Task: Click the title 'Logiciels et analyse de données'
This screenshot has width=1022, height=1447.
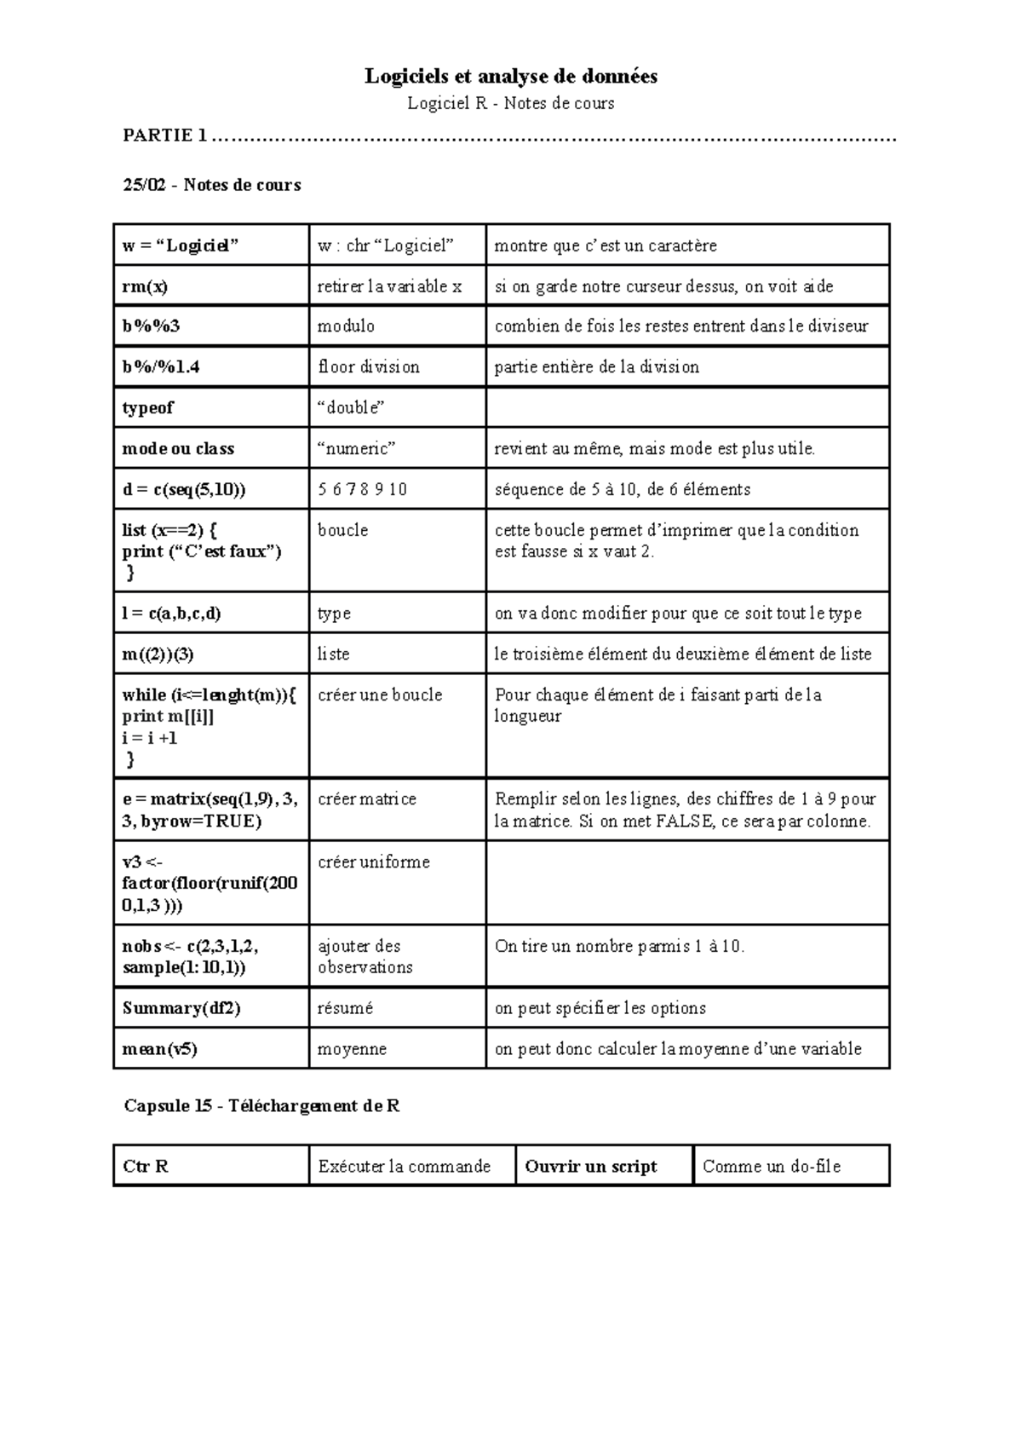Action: [511, 77]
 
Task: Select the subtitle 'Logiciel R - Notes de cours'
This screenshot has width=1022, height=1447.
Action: [511, 104]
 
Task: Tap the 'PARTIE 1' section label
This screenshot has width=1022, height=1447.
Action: [165, 135]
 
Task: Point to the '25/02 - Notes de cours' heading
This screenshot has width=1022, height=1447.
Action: [212, 185]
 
